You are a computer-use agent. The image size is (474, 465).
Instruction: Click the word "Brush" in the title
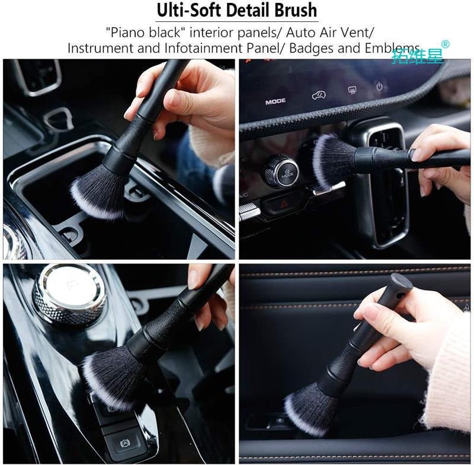point(295,10)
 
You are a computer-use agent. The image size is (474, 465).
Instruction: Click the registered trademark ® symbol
point(446,44)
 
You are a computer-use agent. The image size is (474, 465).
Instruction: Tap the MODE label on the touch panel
point(276,101)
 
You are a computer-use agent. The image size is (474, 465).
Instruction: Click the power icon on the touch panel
point(379,87)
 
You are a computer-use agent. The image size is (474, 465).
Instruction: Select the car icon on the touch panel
point(319,95)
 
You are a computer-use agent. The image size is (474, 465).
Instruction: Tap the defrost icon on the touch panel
point(352,91)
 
